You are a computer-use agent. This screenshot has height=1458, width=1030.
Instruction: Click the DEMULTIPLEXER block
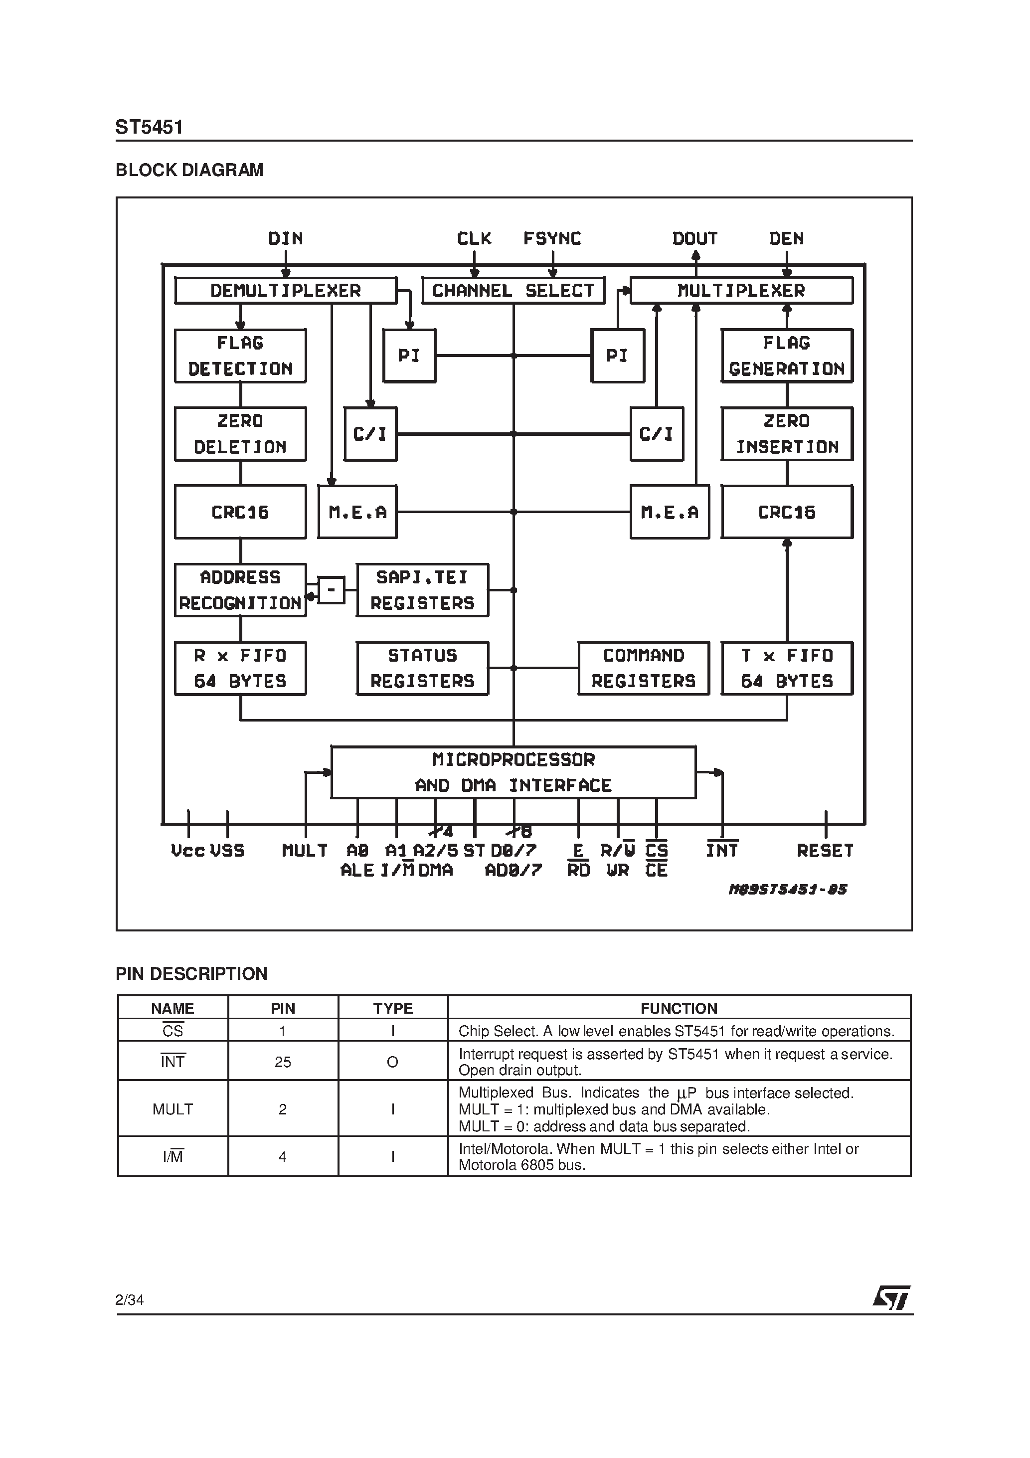(x=286, y=291)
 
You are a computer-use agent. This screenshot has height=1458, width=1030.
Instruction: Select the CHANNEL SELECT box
(x=513, y=291)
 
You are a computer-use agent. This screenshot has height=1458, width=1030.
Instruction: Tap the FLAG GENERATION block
(x=787, y=356)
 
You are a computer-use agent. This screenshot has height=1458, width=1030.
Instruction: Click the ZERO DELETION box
(x=240, y=434)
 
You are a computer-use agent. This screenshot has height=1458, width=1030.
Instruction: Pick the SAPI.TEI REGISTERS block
(x=422, y=590)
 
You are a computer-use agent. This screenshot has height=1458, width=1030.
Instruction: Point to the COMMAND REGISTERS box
(x=643, y=668)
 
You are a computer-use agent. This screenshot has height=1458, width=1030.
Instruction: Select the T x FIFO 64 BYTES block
(x=787, y=668)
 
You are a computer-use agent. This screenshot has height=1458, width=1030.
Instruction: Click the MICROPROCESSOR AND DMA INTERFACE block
(x=513, y=772)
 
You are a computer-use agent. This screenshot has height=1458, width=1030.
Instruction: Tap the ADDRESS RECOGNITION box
(x=240, y=590)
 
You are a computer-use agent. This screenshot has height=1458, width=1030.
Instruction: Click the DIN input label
(x=286, y=239)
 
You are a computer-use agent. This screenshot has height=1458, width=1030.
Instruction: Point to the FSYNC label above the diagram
(x=552, y=239)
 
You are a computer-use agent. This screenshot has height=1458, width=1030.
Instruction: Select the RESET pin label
(x=825, y=850)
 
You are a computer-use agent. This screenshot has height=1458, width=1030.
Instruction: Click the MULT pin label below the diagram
(x=305, y=850)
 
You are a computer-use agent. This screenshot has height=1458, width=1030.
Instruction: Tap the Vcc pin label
(x=188, y=850)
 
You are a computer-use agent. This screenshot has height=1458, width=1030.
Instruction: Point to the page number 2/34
(x=130, y=1300)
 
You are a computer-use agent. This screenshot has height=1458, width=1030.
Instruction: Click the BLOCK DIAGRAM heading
(x=189, y=170)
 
